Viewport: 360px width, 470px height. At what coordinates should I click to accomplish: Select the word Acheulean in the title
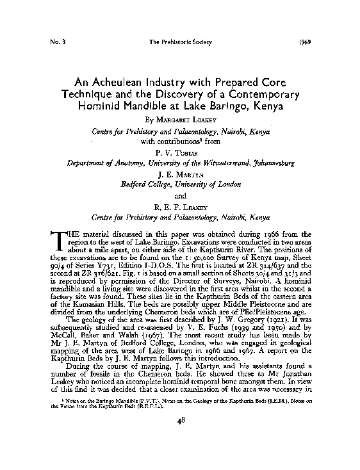(x=130, y=83)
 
